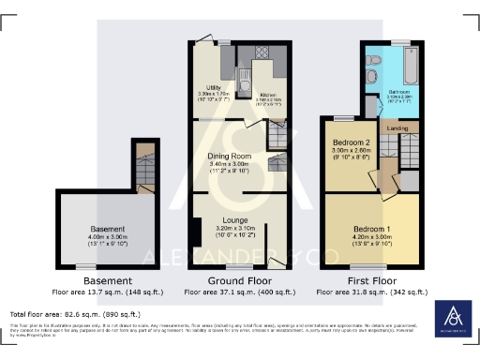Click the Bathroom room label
[x=399, y=91]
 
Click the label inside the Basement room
[x=109, y=228]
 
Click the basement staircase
[x=144, y=168]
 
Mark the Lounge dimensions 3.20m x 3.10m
[x=224, y=228]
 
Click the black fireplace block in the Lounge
[x=198, y=230]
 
